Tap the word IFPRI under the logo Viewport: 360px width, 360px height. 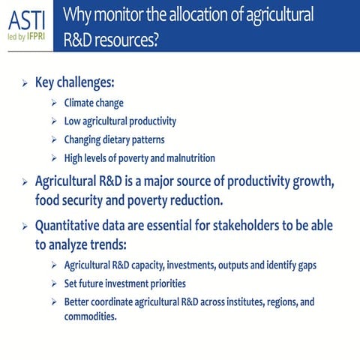click(x=40, y=35)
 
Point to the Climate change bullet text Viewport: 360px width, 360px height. click(x=94, y=103)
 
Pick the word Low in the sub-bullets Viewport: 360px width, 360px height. click(x=73, y=121)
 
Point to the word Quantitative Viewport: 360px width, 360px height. click(x=73, y=226)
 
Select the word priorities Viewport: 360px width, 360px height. click(x=163, y=283)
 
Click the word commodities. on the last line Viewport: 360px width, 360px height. click(x=90, y=316)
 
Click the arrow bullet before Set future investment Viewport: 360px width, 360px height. click(x=54, y=284)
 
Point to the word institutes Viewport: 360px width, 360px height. click(x=236, y=301)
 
